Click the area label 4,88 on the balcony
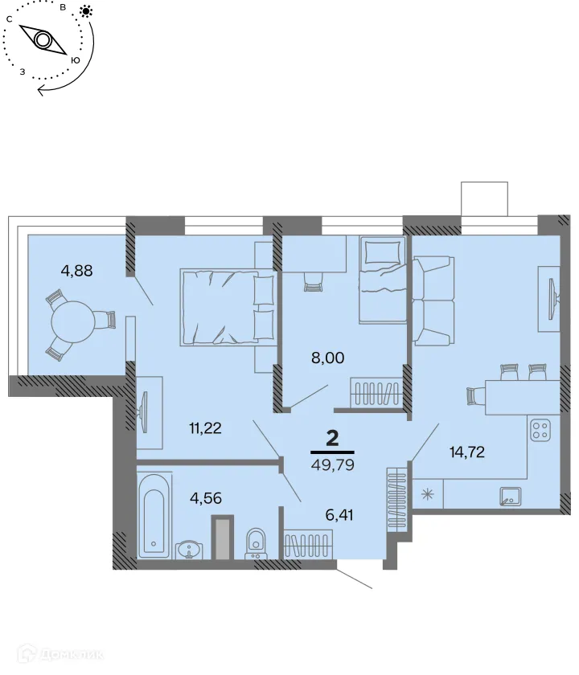point(77,270)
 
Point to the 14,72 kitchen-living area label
point(467,451)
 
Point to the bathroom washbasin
point(190,549)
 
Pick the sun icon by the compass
point(86,11)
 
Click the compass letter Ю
point(76,60)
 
